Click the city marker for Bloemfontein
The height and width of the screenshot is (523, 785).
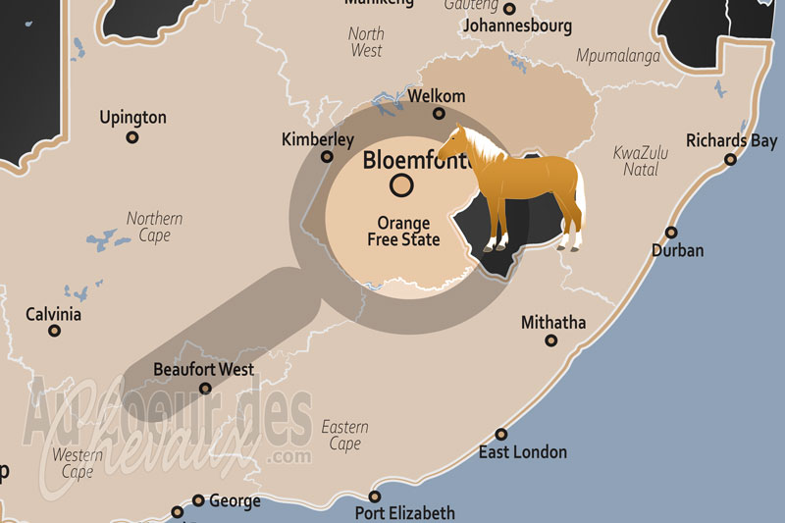(x=401, y=183)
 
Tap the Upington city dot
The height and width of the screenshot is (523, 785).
(x=132, y=137)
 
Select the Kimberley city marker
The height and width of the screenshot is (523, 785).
(x=327, y=157)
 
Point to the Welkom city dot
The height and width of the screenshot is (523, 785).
(x=439, y=114)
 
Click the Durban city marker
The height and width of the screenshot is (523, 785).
(x=671, y=233)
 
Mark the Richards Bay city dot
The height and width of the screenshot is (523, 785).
(x=730, y=159)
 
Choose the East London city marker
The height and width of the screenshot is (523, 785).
(x=501, y=434)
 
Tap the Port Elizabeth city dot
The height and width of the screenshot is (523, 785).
(x=374, y=497)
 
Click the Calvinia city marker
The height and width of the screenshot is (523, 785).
(x=54, y=331)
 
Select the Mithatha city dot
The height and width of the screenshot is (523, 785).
(x=551, y=340)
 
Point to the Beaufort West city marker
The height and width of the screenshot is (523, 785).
(x=205, y=389)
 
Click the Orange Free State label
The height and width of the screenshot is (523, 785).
(x=403, y=232)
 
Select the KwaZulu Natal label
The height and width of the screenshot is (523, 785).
(x=641, y=161)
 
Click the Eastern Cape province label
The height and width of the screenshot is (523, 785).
(x=344, y=435)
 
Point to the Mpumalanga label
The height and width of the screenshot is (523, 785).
(x=617, y=56)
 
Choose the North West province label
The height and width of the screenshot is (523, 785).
(x=366, y=41)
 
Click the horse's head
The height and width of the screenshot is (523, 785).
(x=453, y=144)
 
